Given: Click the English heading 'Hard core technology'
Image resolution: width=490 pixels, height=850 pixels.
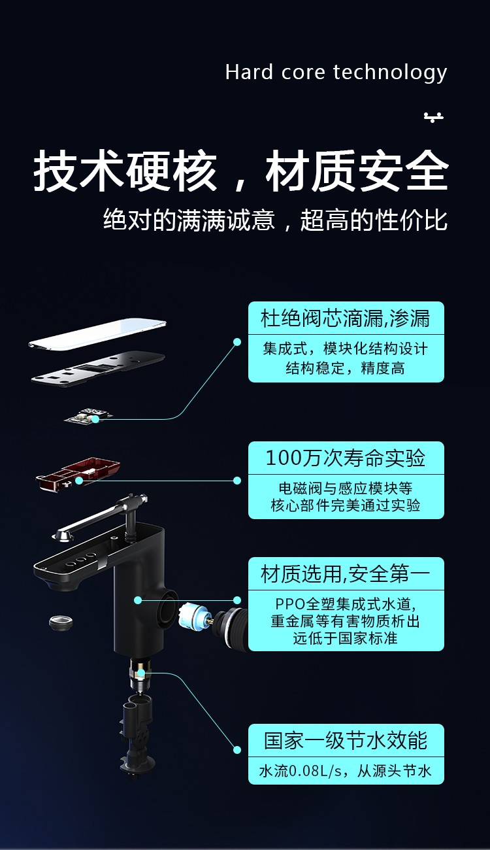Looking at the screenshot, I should tap(336, 72).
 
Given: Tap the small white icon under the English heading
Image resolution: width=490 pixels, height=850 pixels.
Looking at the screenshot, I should tap(433, 117).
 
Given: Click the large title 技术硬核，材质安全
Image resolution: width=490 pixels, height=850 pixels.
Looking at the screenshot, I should tap(240, 172).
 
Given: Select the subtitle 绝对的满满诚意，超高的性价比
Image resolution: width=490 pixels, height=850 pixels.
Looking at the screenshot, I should tap(275, 220).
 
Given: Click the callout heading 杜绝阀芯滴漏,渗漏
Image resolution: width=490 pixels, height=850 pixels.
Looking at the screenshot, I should tap(346, 318).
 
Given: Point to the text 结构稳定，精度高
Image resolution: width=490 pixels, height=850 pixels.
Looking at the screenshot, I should tap(345, 368).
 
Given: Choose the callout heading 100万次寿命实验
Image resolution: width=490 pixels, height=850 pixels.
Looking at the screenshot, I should tap(346, 458).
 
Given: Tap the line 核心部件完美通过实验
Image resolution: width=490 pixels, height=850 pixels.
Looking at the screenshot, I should tap(346, 505).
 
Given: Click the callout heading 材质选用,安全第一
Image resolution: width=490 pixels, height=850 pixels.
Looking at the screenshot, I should tap(346, 574).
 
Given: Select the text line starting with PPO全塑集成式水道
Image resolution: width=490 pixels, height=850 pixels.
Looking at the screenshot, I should tap(346, 603).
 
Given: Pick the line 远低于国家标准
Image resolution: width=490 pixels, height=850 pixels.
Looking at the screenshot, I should tap(346, 638).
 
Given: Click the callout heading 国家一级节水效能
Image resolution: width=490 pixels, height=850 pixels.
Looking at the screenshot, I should tap(346, 740).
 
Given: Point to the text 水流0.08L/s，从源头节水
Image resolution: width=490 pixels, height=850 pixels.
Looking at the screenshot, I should tap(346, 772).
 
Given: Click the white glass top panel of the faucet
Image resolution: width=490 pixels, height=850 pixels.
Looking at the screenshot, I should tap(98, 334).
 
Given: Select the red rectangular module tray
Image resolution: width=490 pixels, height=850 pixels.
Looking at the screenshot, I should tap(78, 473).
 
